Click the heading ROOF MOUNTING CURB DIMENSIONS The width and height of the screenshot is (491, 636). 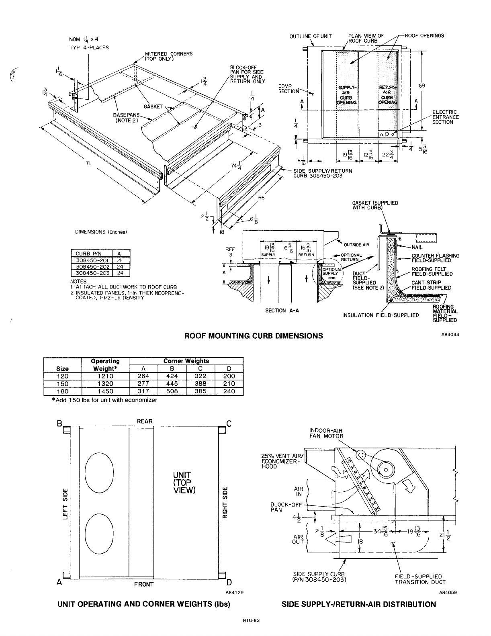(x=253, y=335)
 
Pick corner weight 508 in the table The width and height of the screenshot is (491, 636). (x=172, y=391)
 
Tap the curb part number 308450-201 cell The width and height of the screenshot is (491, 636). (x=92, y=260)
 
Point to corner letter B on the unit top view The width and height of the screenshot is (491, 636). (x=59, y=423)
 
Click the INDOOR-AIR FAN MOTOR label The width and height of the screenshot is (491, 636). (x=326, y=433)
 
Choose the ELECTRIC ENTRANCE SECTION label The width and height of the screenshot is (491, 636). (x=445, y=117)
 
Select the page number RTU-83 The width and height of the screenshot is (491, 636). (x=252, y=620)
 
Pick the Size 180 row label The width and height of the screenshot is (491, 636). (x=63, y=391)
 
